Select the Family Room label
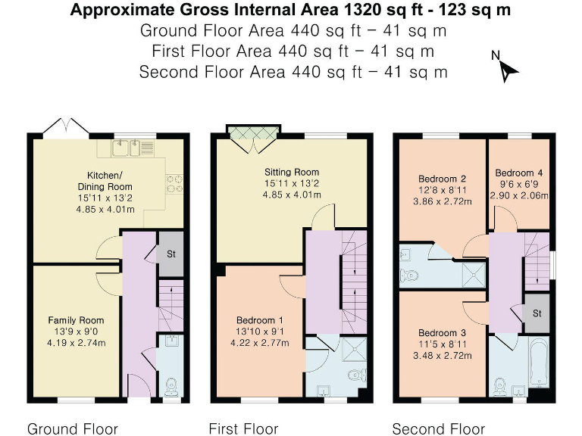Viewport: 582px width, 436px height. pos(77,320)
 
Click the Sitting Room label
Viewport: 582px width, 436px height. pos(291,172)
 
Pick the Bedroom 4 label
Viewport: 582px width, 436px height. pos(519,172)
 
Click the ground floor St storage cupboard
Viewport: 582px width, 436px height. pos(170,255)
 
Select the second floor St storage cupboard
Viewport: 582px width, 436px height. pos(537,313)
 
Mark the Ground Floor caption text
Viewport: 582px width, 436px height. pos(73,429)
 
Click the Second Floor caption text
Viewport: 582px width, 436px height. pos(437,429)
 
